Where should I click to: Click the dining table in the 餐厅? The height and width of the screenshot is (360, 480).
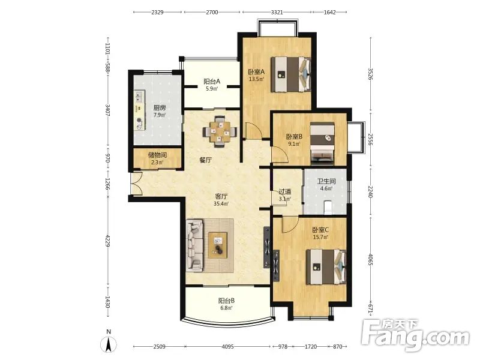[x=220, y=132]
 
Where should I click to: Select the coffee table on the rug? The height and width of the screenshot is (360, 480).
[x=218, y=245]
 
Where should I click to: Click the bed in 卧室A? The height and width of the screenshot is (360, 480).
[x=290, y=74]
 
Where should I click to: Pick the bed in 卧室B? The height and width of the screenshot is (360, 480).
[x=322, y=142]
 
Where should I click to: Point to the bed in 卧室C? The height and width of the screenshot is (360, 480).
[x=326, y=266]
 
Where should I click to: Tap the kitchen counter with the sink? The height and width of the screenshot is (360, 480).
[x=139, y=110]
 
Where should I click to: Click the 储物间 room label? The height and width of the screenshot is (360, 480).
[x=157, y=155]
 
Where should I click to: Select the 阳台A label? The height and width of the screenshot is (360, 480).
[x=212, y=82]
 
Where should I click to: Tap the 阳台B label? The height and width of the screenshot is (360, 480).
[x=227, y=301]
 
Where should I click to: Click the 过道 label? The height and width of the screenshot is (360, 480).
[x=285, y=191]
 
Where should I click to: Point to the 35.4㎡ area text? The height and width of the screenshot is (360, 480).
[x=221, y=203]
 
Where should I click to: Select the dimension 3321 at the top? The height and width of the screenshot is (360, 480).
[x=277, y=12]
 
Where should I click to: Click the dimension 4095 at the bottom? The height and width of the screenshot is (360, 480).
[x=228, y=347]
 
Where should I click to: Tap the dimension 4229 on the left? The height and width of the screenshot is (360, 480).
[x=107, y=241]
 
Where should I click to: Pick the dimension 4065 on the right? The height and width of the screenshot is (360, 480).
[x=370, y=259]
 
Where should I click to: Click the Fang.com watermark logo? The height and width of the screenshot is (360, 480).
[x=415, y=335]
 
